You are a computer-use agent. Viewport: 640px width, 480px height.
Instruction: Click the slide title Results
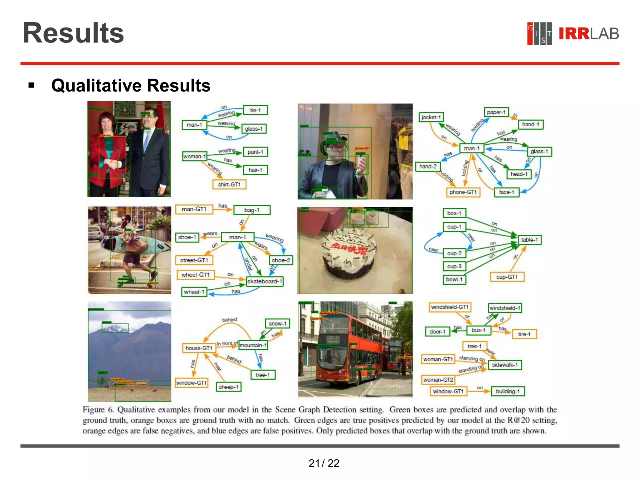[x=73, y=33]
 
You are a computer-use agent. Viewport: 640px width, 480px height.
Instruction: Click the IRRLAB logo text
[x=588, y=34]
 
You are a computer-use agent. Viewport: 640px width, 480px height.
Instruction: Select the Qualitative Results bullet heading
[x=131, y=86]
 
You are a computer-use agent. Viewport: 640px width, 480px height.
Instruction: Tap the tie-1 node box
[x=255, y=110]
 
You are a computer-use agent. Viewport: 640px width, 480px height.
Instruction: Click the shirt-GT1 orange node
[x=229, y=184]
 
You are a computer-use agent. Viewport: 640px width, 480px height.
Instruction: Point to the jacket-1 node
[x=431, y=117]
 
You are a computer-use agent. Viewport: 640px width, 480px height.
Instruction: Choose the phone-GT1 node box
[x=463, y=192]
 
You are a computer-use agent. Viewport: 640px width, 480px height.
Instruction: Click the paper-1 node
[x=496, y=112]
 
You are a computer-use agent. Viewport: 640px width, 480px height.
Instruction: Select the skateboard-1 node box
[x=264, y=282]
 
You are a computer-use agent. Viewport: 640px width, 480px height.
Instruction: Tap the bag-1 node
[x=252, y=210]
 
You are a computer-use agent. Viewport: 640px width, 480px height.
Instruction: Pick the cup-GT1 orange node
[x=507, y=277]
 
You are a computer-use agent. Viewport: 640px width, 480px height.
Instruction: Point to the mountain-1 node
[x=253, y=345]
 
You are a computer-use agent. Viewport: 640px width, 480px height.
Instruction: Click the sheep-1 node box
[x=228, y=387]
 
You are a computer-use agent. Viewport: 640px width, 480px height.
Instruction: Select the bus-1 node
[x=478, y=330]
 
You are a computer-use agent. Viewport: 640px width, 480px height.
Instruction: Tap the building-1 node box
[x=507, y=391]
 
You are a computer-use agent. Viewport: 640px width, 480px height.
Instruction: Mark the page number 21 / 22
[x=324, y=463]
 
